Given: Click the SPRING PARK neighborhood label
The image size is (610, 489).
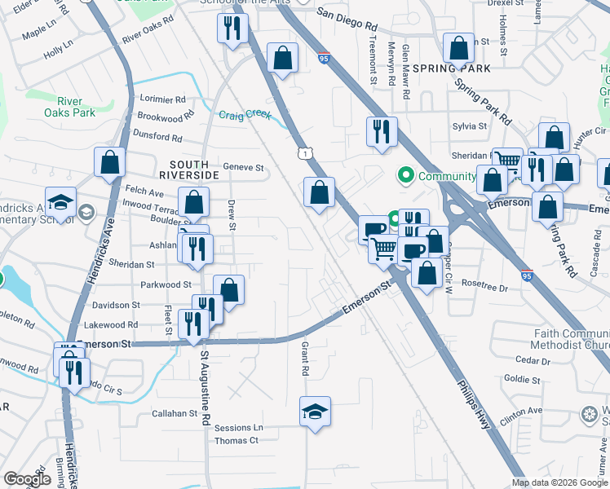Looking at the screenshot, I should [x=451, y=68].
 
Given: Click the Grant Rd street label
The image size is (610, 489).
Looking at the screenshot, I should [x=305, y=359].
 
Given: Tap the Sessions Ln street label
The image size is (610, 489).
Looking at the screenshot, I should [x=239, y=428].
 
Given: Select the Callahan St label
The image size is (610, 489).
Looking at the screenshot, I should [x=175, y=413].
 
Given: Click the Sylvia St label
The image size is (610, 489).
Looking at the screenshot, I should [x=470, y=126].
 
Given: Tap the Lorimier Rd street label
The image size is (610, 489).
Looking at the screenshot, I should [x=163, y=99].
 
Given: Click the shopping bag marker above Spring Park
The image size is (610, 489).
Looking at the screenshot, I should [x=458, y=48].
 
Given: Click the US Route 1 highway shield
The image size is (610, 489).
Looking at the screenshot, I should [x=304, y=153].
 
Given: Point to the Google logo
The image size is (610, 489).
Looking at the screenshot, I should [x=27, y=479].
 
